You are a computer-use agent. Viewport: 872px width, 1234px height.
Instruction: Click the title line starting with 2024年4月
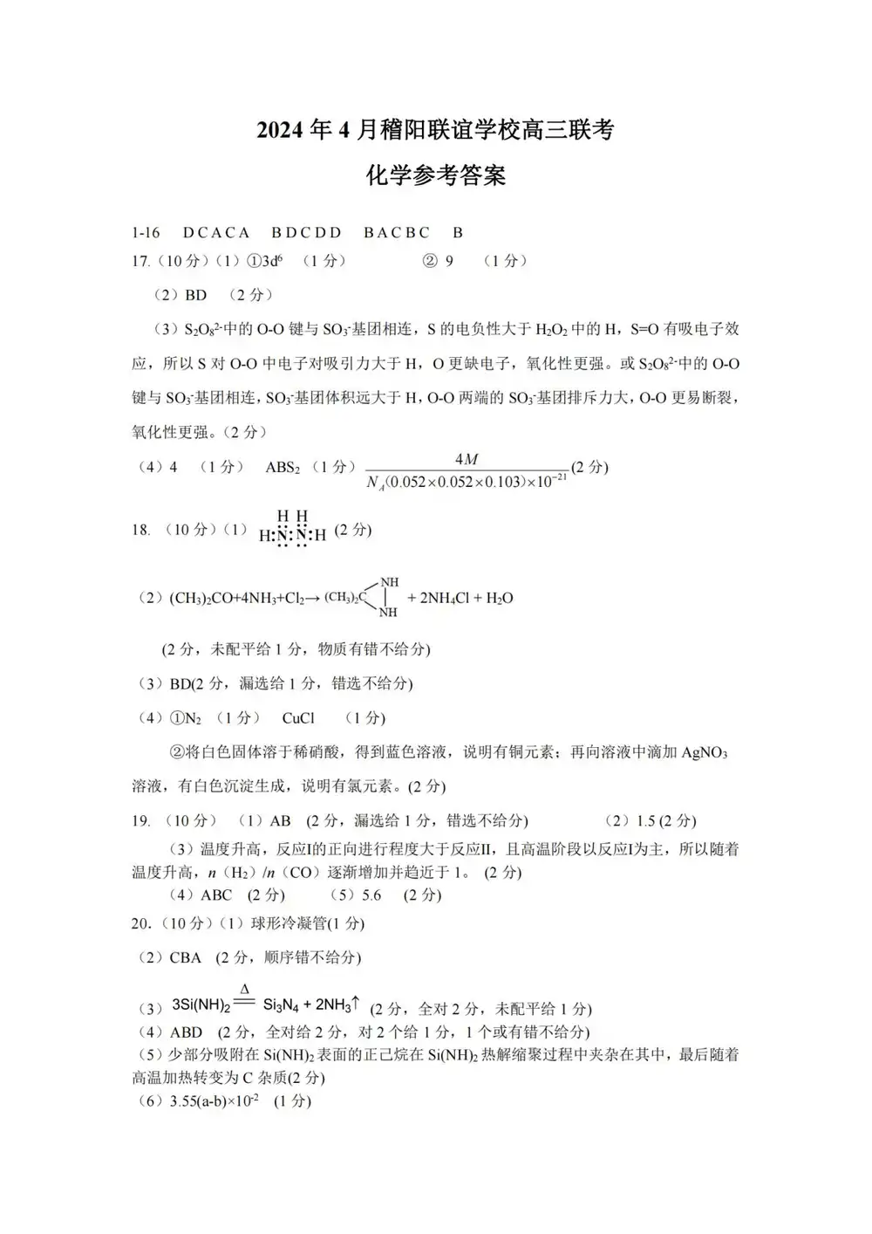coord(435,130)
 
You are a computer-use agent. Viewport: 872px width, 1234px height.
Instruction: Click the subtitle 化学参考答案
coord(435,175)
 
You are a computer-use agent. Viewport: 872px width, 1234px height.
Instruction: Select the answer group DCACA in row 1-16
coord(216,233)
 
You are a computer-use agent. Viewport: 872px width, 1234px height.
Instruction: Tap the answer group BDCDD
coord(306,233)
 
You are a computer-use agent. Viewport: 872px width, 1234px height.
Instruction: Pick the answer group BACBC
coord(397,233)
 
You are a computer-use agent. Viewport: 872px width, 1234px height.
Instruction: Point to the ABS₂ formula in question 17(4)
coord(283,468)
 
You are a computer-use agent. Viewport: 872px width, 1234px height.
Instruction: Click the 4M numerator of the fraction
coord(467,459)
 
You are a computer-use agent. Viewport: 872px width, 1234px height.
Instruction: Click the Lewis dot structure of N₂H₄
coord(292,529)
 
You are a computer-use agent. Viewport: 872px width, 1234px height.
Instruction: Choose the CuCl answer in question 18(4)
coord(298,718)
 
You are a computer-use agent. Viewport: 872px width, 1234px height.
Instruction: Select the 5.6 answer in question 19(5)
coord(371,895)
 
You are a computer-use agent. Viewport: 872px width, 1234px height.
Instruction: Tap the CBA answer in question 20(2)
coord(186,958)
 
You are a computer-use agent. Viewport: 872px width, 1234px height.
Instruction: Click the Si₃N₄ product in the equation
coord(282,1005)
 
